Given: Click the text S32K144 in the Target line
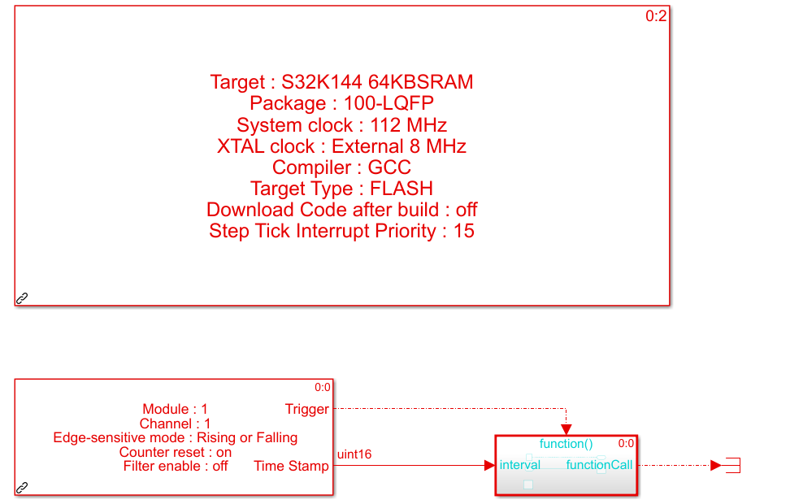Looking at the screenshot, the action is [x=321, y=81].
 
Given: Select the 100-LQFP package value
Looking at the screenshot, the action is [x=388, y=103].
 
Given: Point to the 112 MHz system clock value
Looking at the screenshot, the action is [x=409, y=125].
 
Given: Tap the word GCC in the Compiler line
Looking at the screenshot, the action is [x=389, y=167].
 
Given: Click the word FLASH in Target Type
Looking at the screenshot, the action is [x=402, y=189].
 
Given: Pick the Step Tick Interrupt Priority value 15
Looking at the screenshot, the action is [x=464, y=231].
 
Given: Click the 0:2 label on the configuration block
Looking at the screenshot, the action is [x=656, y=16].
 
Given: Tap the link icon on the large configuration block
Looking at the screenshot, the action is [x=22, y=298].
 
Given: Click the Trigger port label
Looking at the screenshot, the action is [x=307, y=409].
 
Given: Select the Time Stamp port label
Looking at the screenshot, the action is [x=291, y=466].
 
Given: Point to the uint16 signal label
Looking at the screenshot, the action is [x=354, y=454].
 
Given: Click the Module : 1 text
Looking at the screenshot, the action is [x=175, y=409].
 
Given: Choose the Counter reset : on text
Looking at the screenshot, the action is [x=176, y=452].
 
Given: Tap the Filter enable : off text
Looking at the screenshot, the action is [x=176, y=467].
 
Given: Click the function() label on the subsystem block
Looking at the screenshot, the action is [x=566, y=444].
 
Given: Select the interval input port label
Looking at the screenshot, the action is [x=520, y=465].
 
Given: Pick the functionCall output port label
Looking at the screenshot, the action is [x=599, y=465].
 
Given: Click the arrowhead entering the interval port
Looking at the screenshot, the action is [x=489, y=465].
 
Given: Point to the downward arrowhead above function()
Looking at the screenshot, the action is [x=566, y=429].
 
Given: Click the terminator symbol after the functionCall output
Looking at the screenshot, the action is [x=733, y=465].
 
